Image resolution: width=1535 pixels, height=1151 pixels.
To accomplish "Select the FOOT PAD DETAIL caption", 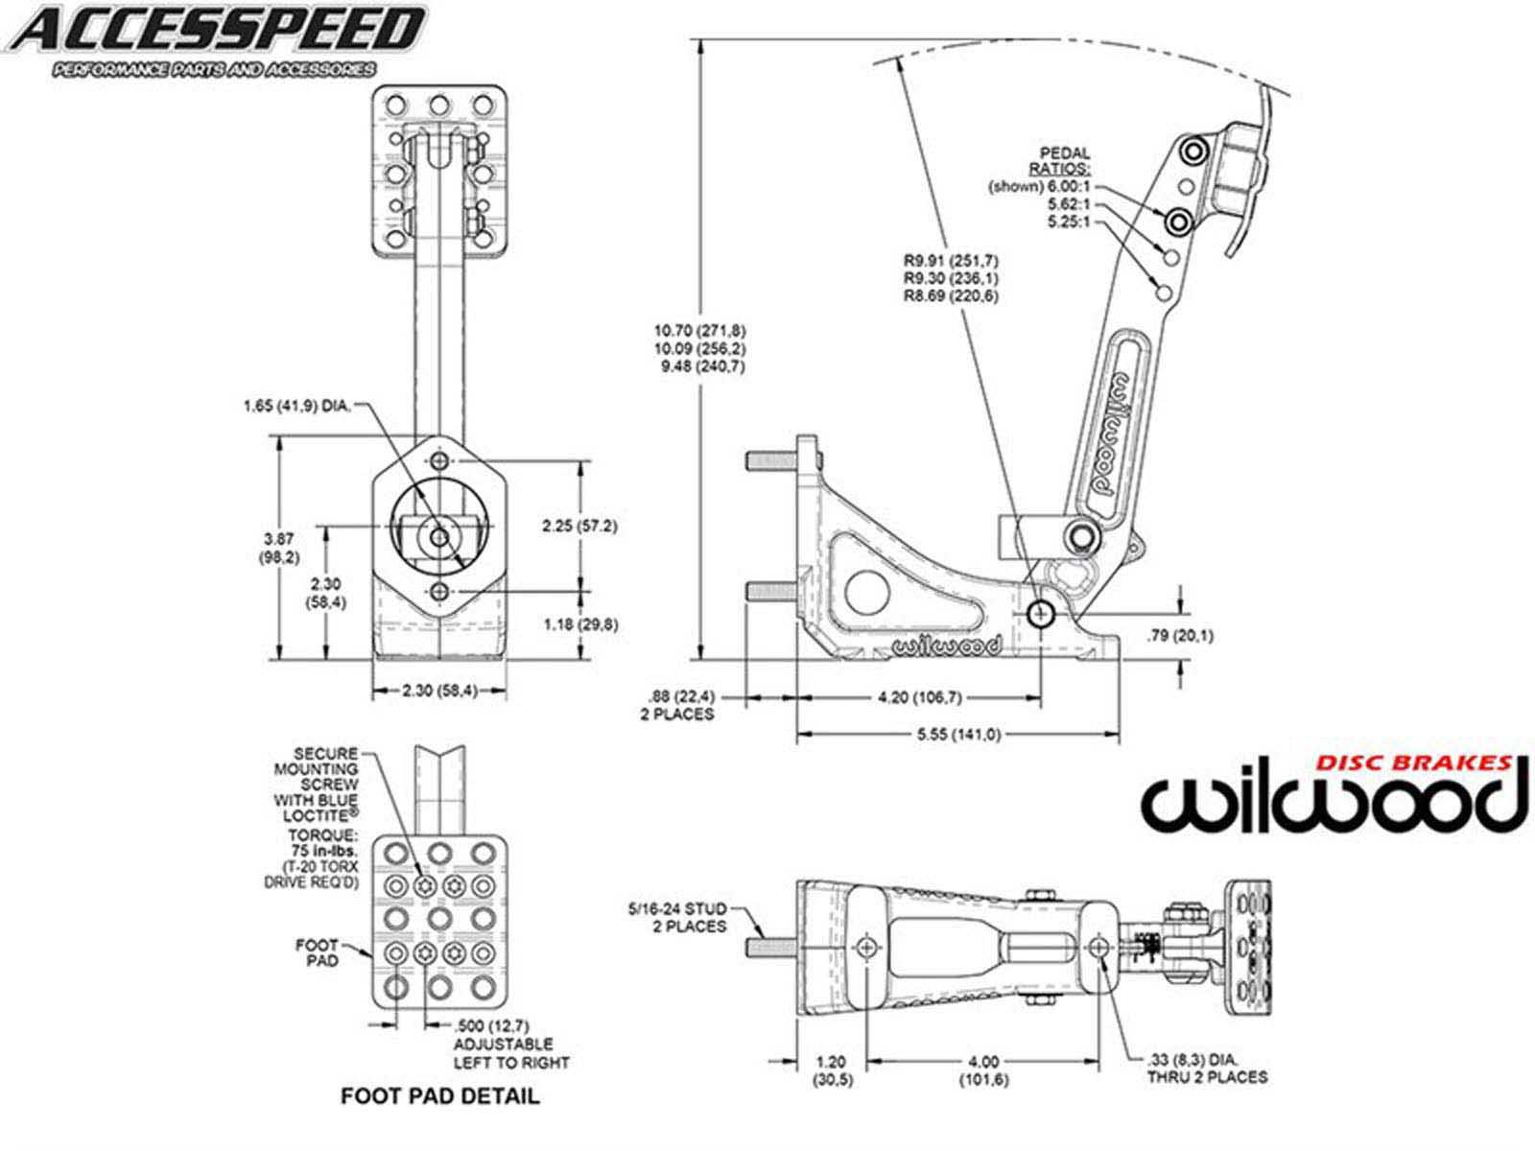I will tap(440, 1095).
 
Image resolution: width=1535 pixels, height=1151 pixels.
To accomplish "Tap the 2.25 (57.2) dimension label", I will tap(579, 526).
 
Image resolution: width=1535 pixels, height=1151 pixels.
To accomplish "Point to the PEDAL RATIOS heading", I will tap(1065, 160).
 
